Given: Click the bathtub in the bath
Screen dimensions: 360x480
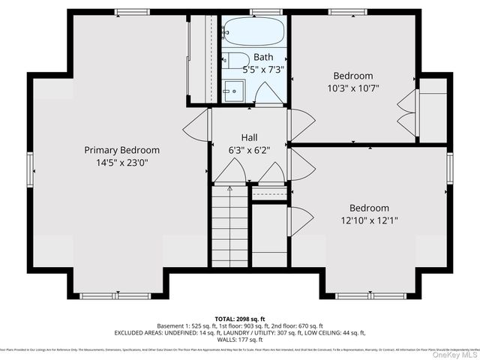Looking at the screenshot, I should point(254,33).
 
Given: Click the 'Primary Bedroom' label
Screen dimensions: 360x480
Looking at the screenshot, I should point(121,150).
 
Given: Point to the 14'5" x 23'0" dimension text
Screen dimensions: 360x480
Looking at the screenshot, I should point(121,163).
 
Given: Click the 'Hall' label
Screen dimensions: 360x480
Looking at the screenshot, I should point(249,138).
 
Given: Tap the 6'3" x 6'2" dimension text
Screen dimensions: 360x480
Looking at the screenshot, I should point(249,150).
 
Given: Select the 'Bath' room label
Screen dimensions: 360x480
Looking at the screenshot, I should point(263,57).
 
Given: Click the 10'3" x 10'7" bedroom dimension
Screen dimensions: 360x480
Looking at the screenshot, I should point(353,88).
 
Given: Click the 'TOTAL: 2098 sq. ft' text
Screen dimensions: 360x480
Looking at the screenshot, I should point(240,317).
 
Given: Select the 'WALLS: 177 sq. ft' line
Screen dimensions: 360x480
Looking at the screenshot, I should point(240,340).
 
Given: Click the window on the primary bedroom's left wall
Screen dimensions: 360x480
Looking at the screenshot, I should point(31,168).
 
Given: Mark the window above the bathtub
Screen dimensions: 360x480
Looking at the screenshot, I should point(261,12).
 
